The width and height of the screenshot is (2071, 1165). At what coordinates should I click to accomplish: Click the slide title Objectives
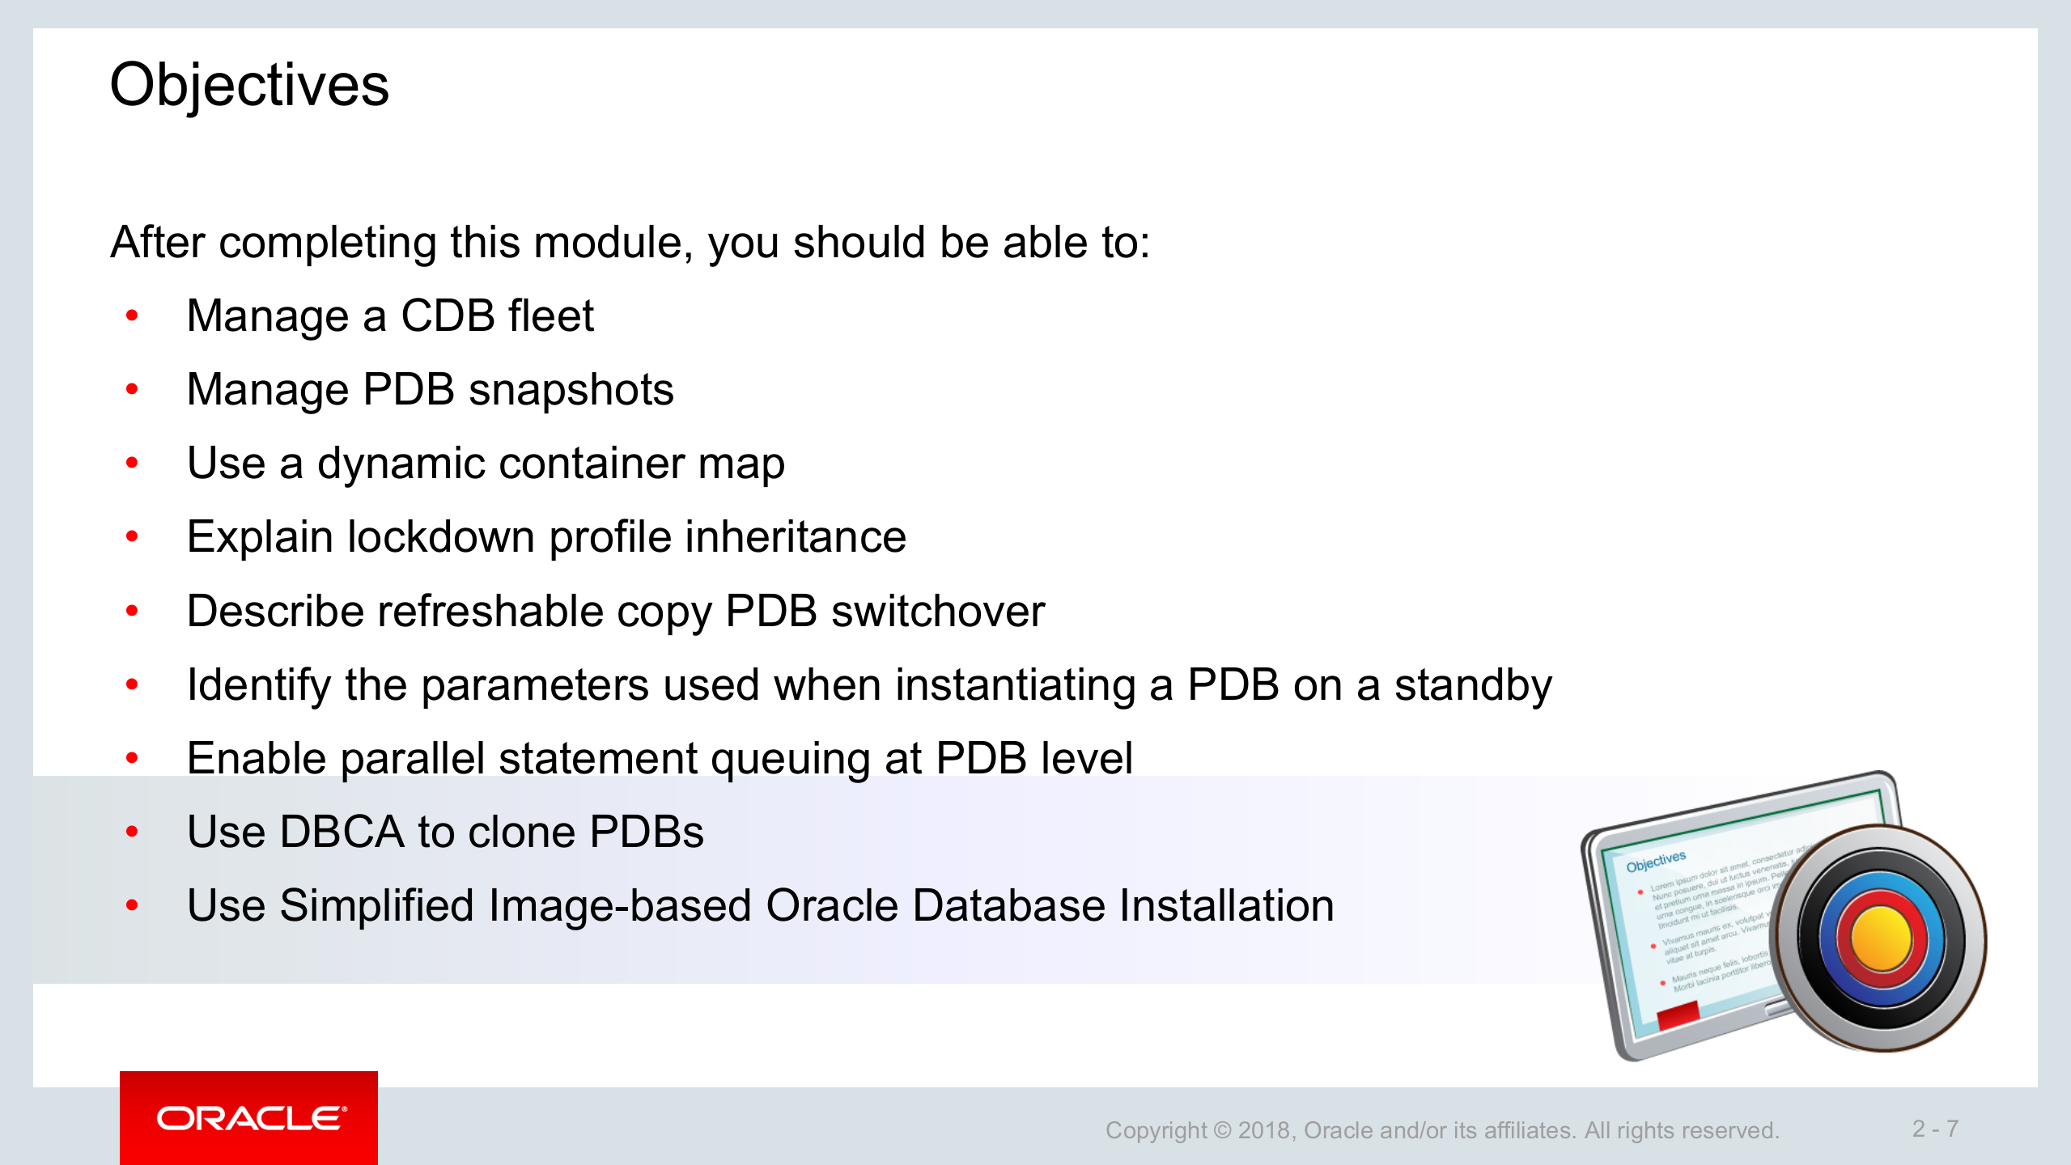click(249, 85)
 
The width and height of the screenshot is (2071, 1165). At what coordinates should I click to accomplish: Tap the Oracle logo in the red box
click(252, 1118)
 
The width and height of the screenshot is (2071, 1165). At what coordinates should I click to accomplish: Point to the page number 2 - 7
click(1935, 1128)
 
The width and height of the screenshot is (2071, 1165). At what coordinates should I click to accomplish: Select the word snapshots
click(571, 390)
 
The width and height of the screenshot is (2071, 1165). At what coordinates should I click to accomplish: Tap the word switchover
click(938, 611)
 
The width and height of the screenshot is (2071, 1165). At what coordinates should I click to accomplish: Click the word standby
click(1473, 685)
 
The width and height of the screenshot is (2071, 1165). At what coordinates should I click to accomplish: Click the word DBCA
click(341, 832)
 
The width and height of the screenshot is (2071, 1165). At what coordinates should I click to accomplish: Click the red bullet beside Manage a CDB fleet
click(132, 316)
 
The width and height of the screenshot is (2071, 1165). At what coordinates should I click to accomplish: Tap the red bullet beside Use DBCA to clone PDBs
click(132, 832)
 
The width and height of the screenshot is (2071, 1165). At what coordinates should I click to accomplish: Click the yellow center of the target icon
click(1880, 938)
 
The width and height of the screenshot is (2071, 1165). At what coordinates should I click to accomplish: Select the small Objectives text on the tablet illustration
click(1656, 861)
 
